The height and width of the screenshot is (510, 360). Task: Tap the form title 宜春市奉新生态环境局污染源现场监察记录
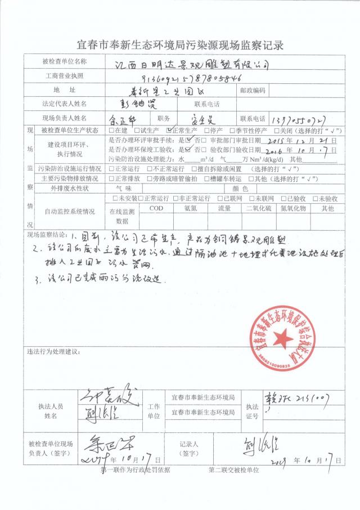180,44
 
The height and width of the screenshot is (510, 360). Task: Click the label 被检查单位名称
65,61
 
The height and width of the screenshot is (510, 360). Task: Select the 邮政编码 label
251,90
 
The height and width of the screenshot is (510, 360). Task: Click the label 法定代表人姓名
65,104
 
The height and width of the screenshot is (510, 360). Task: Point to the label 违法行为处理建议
54,352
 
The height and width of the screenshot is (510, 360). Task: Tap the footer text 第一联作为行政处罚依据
135,469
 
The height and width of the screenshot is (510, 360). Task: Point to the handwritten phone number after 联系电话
295,119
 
